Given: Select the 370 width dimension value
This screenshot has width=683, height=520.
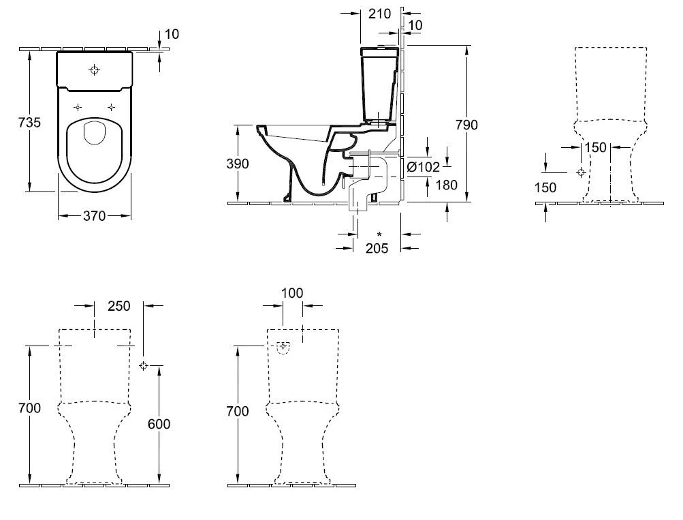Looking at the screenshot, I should point(94,216).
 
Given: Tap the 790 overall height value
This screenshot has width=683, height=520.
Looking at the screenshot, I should point(467,125).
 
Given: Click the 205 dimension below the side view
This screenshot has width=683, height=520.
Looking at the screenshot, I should point(377,248).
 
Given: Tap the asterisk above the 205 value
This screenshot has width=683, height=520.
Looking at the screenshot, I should point(379,235).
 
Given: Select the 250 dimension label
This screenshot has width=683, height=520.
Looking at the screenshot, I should point(118,307).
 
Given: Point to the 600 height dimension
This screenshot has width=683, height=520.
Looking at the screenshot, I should point(159,423).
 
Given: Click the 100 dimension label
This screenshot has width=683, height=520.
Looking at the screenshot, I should point(292,293).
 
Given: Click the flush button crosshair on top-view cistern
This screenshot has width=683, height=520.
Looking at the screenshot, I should point(94,70).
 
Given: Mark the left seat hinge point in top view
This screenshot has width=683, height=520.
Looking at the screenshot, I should point(78,107).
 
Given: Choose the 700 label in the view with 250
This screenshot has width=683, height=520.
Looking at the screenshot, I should point(30,408).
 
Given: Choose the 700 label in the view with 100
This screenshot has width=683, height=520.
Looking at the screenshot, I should point(238,411).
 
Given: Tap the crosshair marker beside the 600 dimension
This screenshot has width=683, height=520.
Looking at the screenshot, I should point(144,366).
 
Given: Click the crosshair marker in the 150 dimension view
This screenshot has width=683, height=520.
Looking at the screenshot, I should point(579,172).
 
